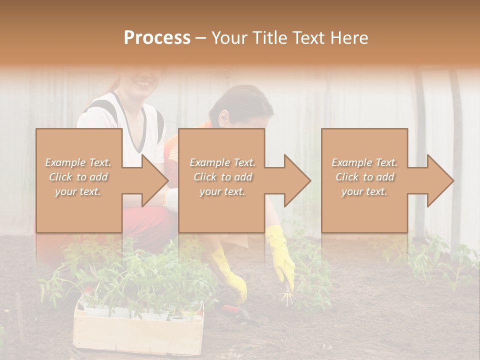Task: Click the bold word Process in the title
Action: [157, 38]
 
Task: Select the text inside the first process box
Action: [78, 177]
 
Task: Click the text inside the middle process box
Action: [222, 177]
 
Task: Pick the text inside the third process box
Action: [364, 177]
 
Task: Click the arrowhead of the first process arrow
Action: [155, 180]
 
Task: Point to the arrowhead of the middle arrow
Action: [297, 180]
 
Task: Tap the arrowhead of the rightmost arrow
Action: [440, 180]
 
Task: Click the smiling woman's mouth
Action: [143, 82]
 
